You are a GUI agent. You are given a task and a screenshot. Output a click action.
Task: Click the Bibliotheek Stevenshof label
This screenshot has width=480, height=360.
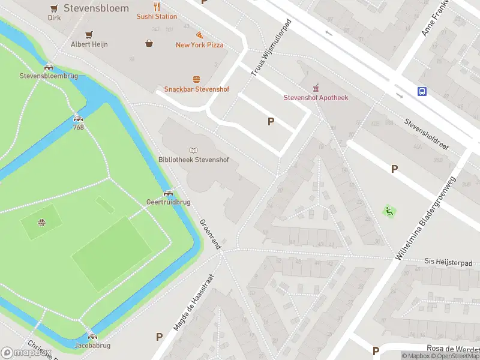pos(193,160)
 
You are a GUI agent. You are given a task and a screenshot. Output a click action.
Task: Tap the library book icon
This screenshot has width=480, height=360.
pos(193,150)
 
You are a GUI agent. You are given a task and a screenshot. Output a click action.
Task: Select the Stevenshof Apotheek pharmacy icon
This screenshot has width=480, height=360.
pos(316,88)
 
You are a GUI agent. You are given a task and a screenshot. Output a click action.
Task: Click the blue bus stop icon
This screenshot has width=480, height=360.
pos(422,92)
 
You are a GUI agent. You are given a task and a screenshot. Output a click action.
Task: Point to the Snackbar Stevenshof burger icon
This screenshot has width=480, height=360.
pos(196,79)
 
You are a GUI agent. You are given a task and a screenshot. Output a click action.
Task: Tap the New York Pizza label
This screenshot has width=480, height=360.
pos(199,45)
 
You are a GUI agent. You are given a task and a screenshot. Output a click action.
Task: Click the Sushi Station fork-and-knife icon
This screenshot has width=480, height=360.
pos(157,7)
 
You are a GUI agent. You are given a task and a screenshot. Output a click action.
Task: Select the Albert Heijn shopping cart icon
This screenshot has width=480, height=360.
pos(89,34)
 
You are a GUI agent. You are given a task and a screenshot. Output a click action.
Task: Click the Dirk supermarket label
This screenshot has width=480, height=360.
pos(55,18)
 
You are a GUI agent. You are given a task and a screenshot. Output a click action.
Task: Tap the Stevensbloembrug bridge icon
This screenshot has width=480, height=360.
pos(49,67)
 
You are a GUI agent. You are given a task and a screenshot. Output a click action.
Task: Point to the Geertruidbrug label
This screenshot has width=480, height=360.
pos(168,202)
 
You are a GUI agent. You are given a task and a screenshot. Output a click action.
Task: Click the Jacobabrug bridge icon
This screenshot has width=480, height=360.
pos(92,337)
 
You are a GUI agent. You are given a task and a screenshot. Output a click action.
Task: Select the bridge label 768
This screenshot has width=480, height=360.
pos(78,127)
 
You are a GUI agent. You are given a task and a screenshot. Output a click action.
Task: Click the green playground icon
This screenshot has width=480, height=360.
pos(389,211)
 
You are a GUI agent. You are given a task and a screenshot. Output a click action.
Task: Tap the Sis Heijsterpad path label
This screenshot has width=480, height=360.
pos(448,263)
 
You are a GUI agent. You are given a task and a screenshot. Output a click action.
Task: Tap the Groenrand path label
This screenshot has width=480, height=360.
pos(210,234)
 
